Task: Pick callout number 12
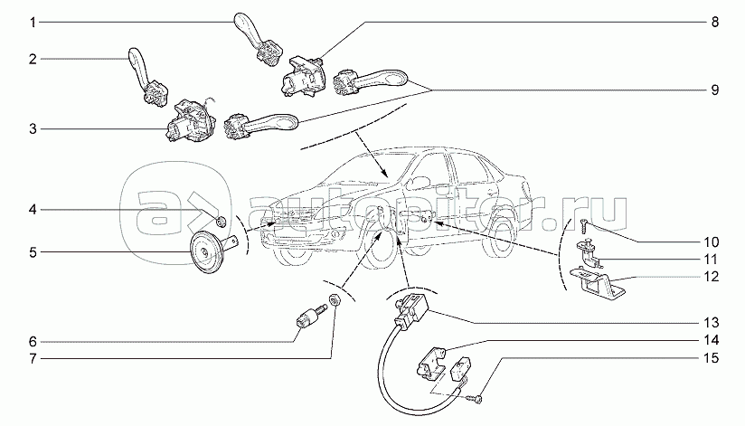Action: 713,276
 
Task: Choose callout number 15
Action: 713,358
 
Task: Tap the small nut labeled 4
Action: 220,220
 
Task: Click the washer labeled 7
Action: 335,300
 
